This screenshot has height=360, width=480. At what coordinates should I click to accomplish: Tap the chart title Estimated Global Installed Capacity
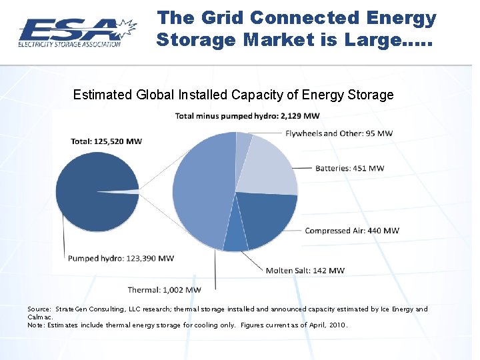(233, 95)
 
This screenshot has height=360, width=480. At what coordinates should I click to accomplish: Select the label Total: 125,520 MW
(106, 141)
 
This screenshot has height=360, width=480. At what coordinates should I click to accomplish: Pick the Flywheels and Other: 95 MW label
(339, 133)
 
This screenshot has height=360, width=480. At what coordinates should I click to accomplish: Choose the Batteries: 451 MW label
(349, 168)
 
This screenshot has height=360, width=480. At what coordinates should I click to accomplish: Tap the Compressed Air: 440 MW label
(352, 231)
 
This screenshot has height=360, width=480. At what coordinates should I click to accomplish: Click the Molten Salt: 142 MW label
(305, 271)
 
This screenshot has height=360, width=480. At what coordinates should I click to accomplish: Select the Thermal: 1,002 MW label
(164, 290)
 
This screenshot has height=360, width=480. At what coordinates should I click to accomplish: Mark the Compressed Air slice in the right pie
(267, 217)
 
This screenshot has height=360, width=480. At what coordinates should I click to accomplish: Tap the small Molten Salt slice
(235, 241)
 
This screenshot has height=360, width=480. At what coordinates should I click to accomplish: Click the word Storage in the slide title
(195, 40)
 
